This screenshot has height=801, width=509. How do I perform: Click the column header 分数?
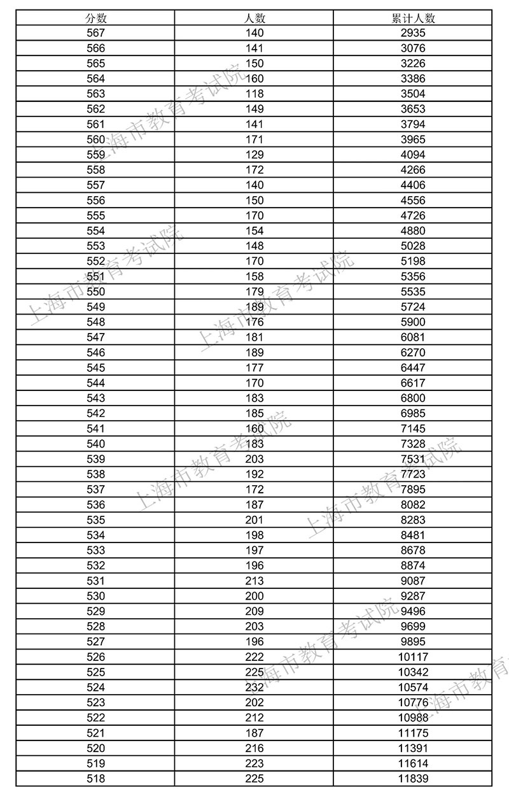pyautogui.click(x=95, y=18)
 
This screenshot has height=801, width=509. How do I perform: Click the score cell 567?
pyautogui.click(x=95, y=33)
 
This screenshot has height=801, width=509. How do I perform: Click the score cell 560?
pyautogui.click(x=95, y=139)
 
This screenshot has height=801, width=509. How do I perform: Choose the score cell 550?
pyautogui.click(x=95, y=292)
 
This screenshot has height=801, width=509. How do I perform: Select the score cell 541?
pyautogui.click(x=95, y=429)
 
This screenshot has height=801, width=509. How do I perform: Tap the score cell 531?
pyautogui.click(x=95, y=581)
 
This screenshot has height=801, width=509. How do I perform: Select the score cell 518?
pyautogui.click(x=95, y=779)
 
